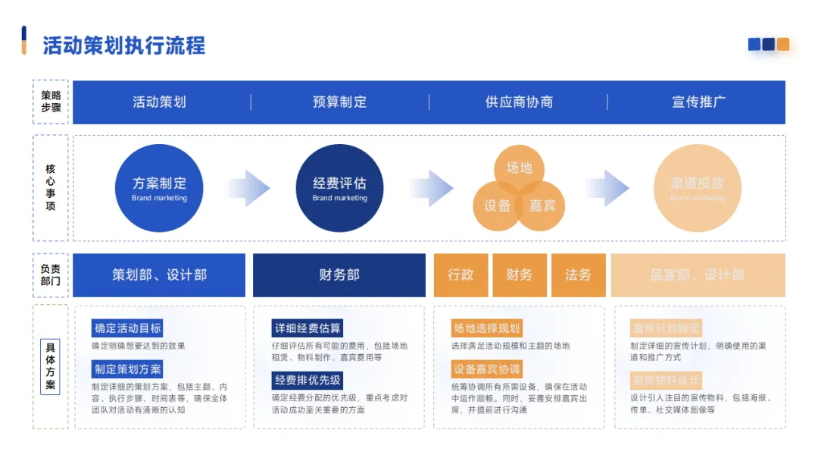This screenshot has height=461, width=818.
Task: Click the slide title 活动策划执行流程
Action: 123,45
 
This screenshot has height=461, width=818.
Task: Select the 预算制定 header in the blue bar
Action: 339,102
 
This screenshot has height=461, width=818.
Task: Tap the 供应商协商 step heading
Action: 519,102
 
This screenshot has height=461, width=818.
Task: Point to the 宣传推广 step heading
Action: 698,102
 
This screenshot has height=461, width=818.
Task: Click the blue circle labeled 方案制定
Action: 159,188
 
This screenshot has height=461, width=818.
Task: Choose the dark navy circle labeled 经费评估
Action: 339,188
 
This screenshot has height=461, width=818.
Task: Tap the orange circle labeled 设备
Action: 496,206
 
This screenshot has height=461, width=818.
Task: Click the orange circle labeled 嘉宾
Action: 543,206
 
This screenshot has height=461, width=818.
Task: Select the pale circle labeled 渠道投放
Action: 698,188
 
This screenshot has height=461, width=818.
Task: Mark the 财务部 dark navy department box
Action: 339,275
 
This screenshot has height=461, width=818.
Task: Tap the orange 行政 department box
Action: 461,275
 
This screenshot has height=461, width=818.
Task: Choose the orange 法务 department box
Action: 578,275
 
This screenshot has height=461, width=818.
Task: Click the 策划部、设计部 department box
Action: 159,275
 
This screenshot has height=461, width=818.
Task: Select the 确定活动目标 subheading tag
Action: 127,328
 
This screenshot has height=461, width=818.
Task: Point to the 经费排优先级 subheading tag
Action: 308,380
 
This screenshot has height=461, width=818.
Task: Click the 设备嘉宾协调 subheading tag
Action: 487,369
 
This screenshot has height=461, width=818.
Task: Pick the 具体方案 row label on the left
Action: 50,367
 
